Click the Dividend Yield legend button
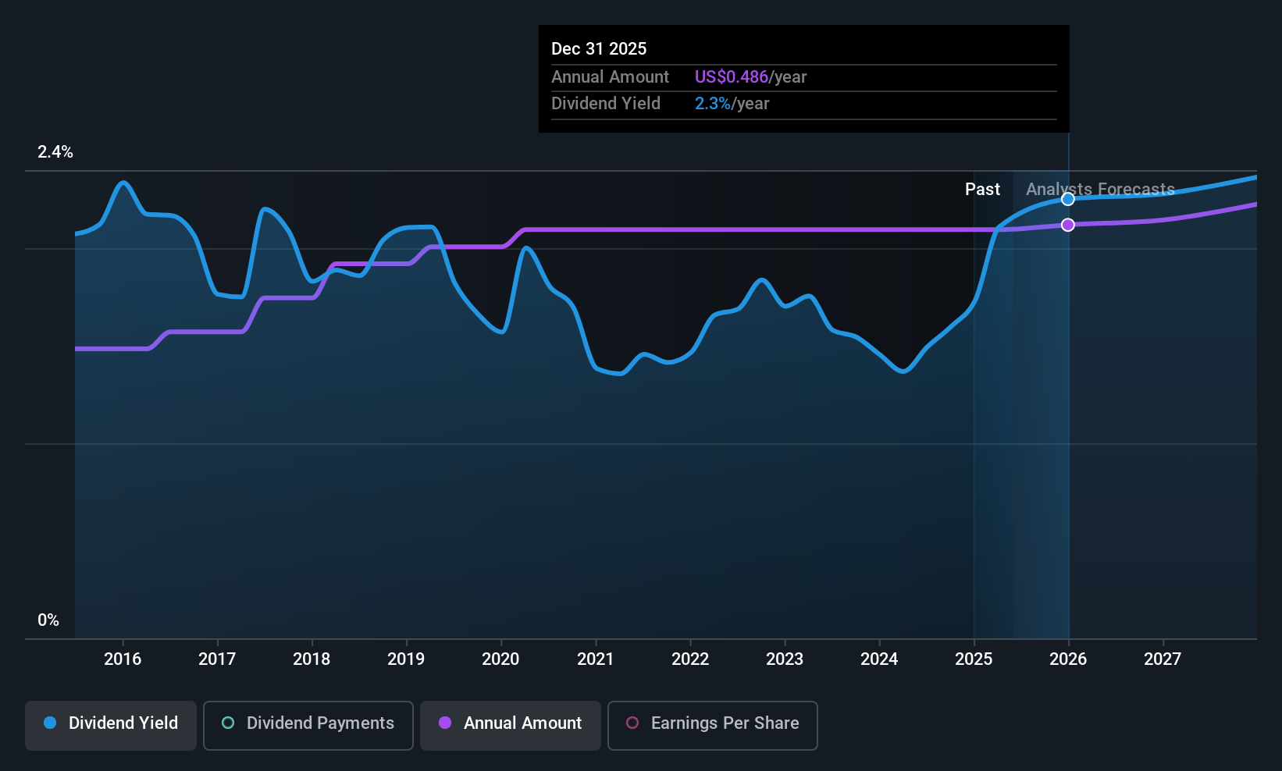110,725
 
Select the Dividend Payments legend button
308,725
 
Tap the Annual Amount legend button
511,725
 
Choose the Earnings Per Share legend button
713,725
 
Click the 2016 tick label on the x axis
123,659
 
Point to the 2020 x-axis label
500,659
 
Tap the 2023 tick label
785,659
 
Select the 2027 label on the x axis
1163,659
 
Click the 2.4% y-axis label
55,152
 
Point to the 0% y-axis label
48,620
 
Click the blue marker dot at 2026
1068,199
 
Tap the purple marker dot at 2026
1068,225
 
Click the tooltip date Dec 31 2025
599,48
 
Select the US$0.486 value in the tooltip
732,76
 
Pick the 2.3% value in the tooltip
713,104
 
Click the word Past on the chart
983,190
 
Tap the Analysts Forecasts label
1100,190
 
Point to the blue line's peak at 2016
123,183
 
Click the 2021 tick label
595,659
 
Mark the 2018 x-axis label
312,659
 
